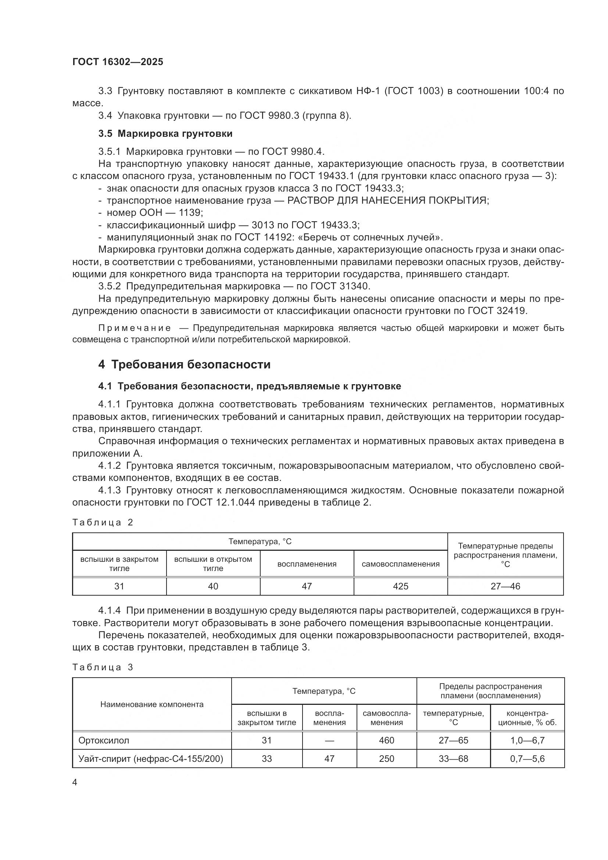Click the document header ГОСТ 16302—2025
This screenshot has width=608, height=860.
coord(118,62)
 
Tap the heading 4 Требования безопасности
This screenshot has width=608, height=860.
coord(184,364)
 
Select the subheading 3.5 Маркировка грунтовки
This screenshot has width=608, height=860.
coord(165,134)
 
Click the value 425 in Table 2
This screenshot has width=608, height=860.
coord(400,586)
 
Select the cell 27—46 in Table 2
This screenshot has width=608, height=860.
coord(505,586)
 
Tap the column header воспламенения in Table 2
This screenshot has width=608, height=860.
coord(307,564)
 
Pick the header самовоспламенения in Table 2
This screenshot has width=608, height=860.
coord(400,564)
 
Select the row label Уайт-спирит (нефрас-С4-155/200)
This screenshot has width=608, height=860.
coord(150,759)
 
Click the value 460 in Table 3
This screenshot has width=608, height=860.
coord(386,741)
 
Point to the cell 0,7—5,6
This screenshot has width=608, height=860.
coord(527,759)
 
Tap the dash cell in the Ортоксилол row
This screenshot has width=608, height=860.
coord(329,741)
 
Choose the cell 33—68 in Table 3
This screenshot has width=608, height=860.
coord(453,759)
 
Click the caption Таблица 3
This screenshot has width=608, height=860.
coord(103,667)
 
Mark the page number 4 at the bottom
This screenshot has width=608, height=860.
coord(75,782)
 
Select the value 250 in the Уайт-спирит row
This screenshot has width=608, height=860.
coord(386,759)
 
